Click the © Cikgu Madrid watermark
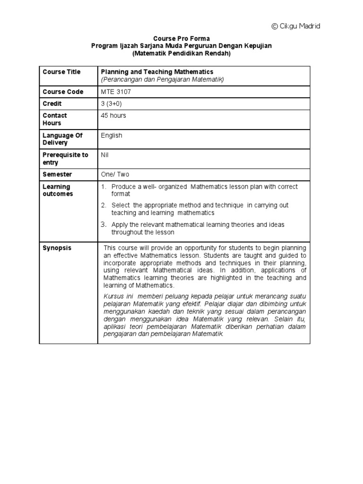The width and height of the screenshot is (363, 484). (x=296, y=26)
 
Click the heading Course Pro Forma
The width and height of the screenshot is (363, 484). (x=181, y=38)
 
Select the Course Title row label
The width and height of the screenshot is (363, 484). (x=61, y=72)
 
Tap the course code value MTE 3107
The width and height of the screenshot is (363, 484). (x=115, y=92)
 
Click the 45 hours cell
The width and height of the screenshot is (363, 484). (x=113, y=115)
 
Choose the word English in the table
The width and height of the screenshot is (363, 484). (x=112, y=135)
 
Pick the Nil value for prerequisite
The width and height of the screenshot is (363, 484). (x=105, y=155)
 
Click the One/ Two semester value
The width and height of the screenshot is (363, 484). (x=115, y=175)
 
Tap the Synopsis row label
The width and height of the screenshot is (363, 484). (x=57, y=248)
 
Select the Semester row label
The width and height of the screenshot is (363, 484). (x=57, y=175)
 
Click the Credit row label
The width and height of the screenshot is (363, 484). (x=52, y=104)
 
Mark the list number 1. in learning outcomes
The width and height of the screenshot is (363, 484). (x=104, y=187)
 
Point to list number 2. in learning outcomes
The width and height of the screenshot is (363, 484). (x=104, y=206)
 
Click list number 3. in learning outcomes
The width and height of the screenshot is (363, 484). (x=104, y=225)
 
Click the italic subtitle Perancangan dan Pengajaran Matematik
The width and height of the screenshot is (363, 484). (x=162, y=79)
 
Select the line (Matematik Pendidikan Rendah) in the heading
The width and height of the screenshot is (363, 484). (x=181, y=53)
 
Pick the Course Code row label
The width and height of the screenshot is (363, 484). (x=63, y=92)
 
